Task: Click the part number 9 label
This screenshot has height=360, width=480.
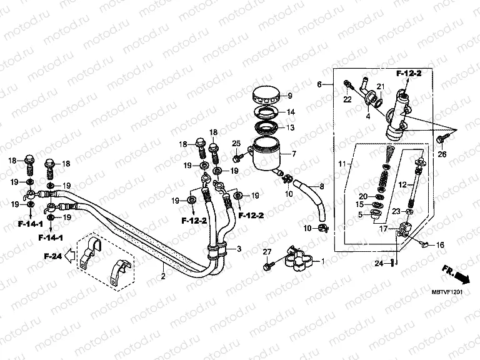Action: point(290,96)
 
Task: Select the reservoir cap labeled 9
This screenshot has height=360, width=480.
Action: point(267,96)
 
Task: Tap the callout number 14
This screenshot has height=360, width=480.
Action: point(291,112)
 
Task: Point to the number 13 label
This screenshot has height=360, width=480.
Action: point(291,127)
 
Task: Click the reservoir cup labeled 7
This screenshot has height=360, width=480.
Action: point(266,156)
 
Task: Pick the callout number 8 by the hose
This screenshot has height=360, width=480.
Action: point(322,186)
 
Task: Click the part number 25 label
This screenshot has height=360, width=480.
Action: point(237,144)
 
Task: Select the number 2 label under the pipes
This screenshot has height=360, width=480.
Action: point(162,276)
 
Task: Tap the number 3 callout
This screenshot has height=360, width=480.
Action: point(238,249)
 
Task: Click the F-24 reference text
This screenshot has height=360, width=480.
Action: point(54,256)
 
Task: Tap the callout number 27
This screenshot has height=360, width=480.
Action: point(267,251)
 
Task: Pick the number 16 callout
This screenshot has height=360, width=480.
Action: point(440,245)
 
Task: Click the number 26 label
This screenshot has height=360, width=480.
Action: point(442,154)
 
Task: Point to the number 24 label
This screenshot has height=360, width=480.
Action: point(379,263)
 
